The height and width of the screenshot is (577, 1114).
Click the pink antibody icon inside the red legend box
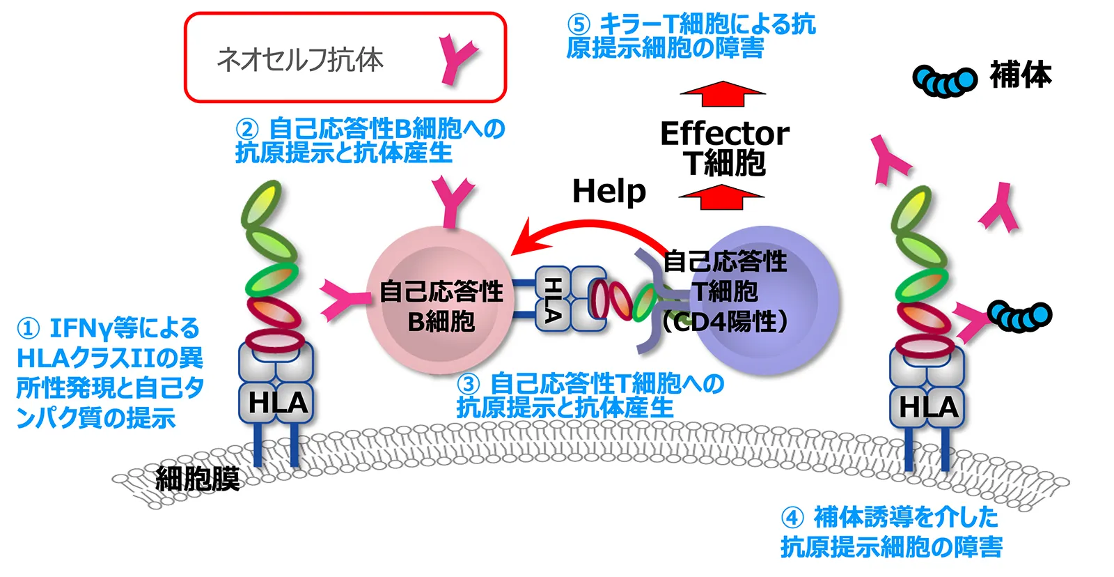(457, 61)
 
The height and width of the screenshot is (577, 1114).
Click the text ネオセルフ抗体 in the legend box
(300, 60)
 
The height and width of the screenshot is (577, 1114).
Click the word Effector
(724, 133)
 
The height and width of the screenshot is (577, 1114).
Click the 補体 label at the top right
(1020, 75)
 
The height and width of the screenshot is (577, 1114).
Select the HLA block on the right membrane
(928, 406)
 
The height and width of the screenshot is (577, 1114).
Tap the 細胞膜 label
(198, 479)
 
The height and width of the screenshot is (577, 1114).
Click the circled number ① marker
(28, 328)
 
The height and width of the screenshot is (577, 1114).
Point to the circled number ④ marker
(792, 518)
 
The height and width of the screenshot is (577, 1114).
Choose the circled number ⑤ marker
(578, 25)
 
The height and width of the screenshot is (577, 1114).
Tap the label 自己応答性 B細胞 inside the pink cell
(441, 306)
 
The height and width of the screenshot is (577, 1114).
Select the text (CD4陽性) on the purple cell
(725, 321)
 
